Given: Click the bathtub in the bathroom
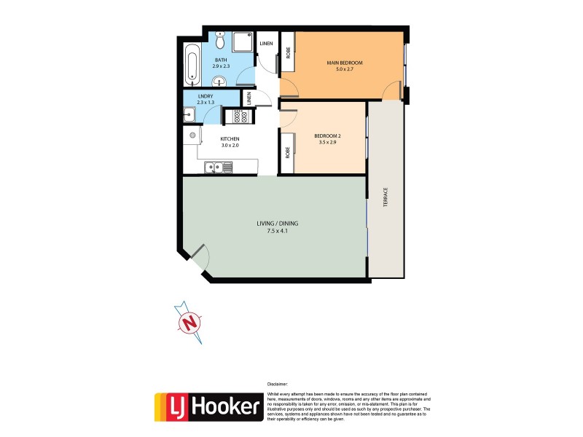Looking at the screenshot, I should tap(192, 64).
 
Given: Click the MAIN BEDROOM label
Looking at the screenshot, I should tap(344, 63).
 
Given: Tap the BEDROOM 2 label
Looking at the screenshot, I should tap(328, 136).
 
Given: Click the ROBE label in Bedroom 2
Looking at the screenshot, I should tap(288, 152).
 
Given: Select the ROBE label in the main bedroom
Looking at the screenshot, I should tap(288, 52).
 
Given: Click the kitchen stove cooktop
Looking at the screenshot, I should tap(237, 117).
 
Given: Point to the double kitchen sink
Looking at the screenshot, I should tap(218, 168).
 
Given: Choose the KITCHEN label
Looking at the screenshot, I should tap(230, 138).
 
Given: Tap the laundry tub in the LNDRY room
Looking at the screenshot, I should tap(189, 114).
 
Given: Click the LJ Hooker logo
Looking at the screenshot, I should tap(208, 408).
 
